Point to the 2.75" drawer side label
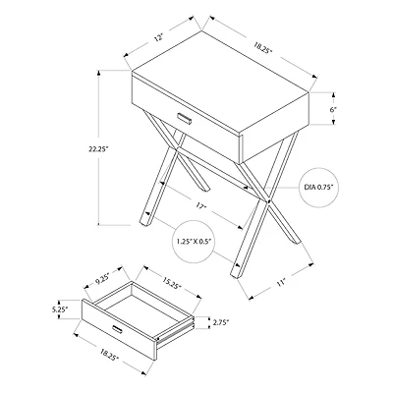click(221, 321)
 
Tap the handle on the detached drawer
click(119, 323)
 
